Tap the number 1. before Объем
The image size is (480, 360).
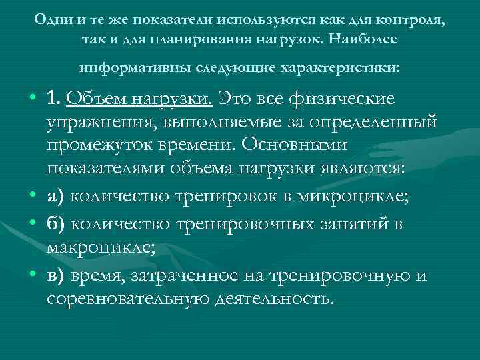[53, 99]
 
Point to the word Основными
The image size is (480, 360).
[307, 145]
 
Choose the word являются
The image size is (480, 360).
[366, 167]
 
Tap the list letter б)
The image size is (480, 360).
[56, 224]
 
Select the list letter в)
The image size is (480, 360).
[56, 275]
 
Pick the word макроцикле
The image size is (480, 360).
[100, 247]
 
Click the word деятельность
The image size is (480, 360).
[273, 298]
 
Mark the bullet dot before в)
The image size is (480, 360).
[32, 275]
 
